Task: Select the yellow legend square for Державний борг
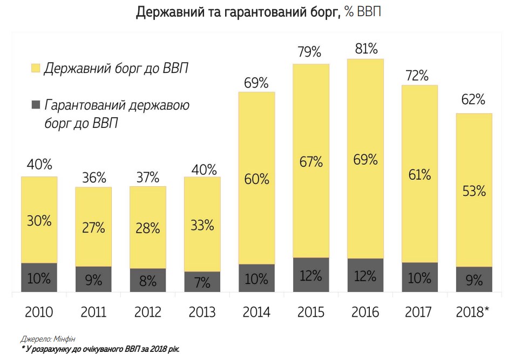[x=36, y=68]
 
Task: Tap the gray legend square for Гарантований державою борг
[x=36, y=104]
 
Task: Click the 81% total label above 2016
[x=365, y=49]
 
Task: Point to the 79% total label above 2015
[x=310, y=52]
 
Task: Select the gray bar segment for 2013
[x=202, y=282]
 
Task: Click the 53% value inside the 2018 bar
[x=474, y=191]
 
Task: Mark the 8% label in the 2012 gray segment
[x=147, y=281]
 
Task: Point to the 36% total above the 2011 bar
[x=93, y=177]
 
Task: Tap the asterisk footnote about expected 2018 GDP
[x=100, y=349]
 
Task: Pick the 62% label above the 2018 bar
[x=474, y=100]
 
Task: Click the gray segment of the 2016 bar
[x=365, y=275]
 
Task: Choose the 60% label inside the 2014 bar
[x=256, y=179]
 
